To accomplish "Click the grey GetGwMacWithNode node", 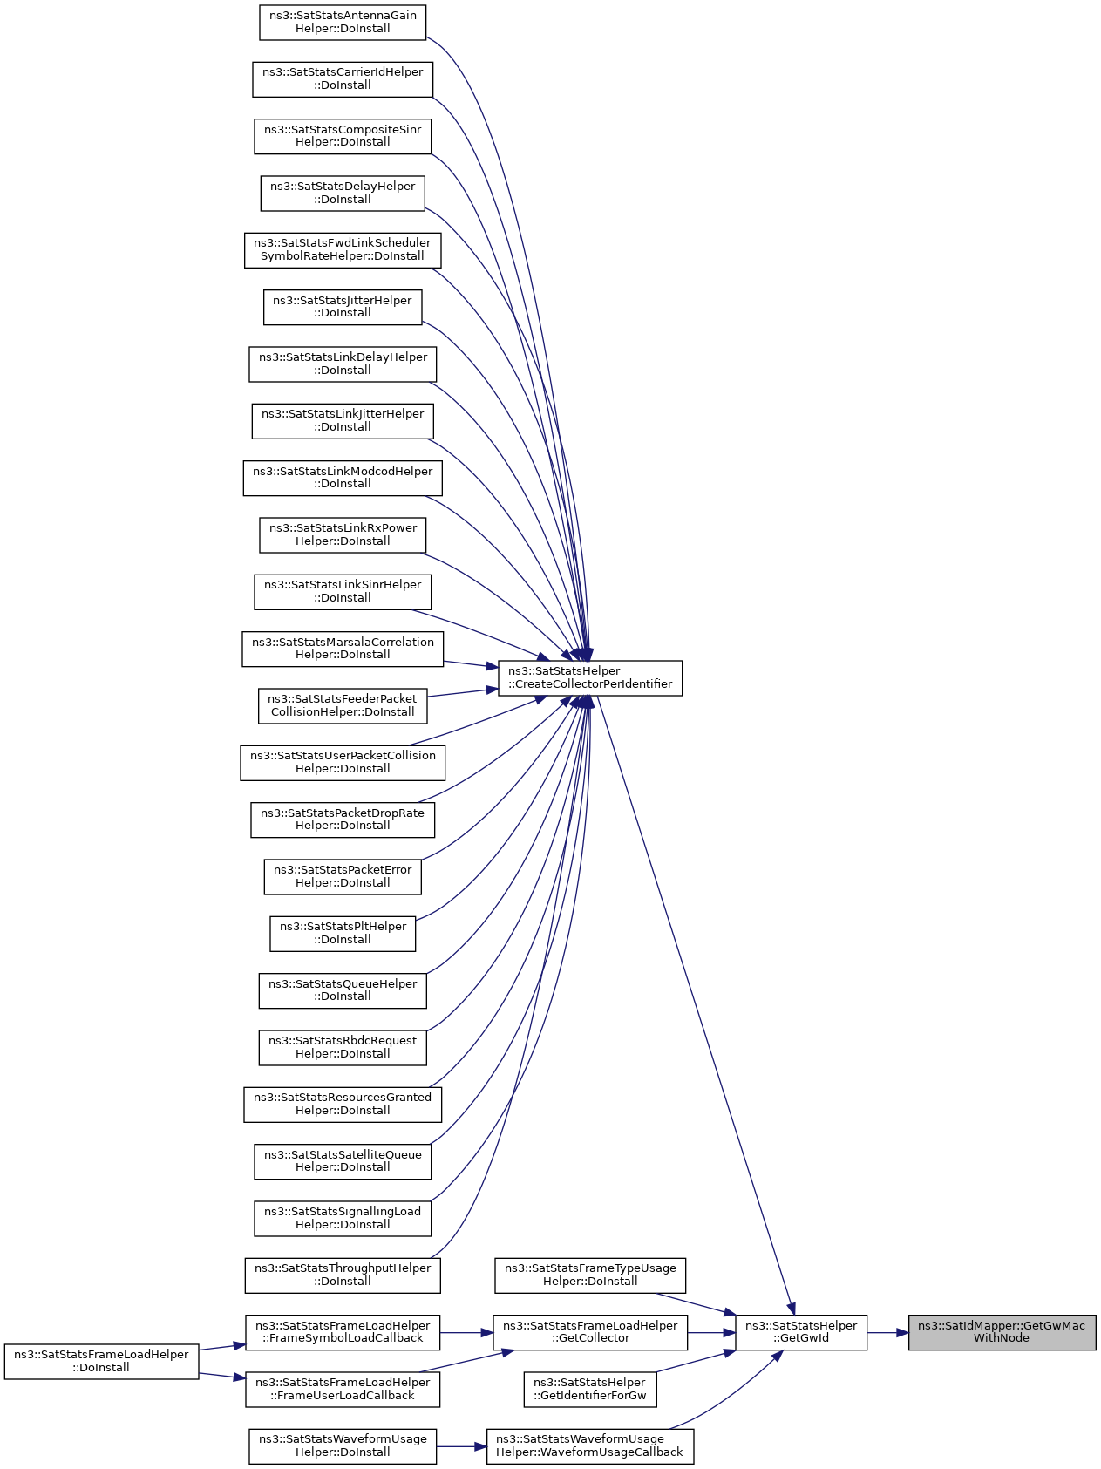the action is pyautogui.click(x=1002, y=1332).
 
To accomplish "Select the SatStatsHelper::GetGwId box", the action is pyautogui.click(x=801, y=1332).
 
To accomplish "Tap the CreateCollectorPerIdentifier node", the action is pyautogui.click(x=590, y=677).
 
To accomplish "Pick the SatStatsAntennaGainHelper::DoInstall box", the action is pyautogui.click(x=343, y=22).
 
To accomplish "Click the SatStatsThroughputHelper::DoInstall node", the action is pyautogui.click(x=343, y=1275).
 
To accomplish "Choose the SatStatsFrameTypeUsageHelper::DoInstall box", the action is pyautogui.click(x=590, y=1275).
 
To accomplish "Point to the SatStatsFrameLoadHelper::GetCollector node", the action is pyautogui.click(x=590, y=1332).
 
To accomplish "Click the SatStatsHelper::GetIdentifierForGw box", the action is pyautogui.click(x=590, y=1389).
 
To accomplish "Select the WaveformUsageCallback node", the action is pyautogui.click(x=590, y=1445).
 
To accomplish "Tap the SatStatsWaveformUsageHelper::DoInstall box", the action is pyautogui.click(x=343, y=1445).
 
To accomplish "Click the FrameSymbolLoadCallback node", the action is pyautogui.click(x=343, y=1332).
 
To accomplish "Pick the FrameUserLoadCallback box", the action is pyautogui.click(x=343, y=1389).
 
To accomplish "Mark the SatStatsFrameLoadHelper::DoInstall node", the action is pyautogui.click(x=102, y=1361).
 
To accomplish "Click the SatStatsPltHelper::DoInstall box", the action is pyautogui.click(x=343, y=933).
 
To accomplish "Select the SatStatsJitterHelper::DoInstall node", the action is pyautogui.click(x=343, y=307).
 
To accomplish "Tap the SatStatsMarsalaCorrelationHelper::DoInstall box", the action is pyautogui.click(x=343, y=649).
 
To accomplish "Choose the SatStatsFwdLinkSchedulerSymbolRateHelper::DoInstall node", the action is pyautogui.click(x=343, y=249).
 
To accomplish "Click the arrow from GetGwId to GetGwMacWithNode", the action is pyautogui.click(x=887, y=1332).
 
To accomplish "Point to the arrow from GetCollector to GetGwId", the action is pyautogui.click(x=711, y=1332).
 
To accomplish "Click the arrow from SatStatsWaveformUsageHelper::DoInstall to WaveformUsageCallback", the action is pyautogui.click(x=461, y=1445).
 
